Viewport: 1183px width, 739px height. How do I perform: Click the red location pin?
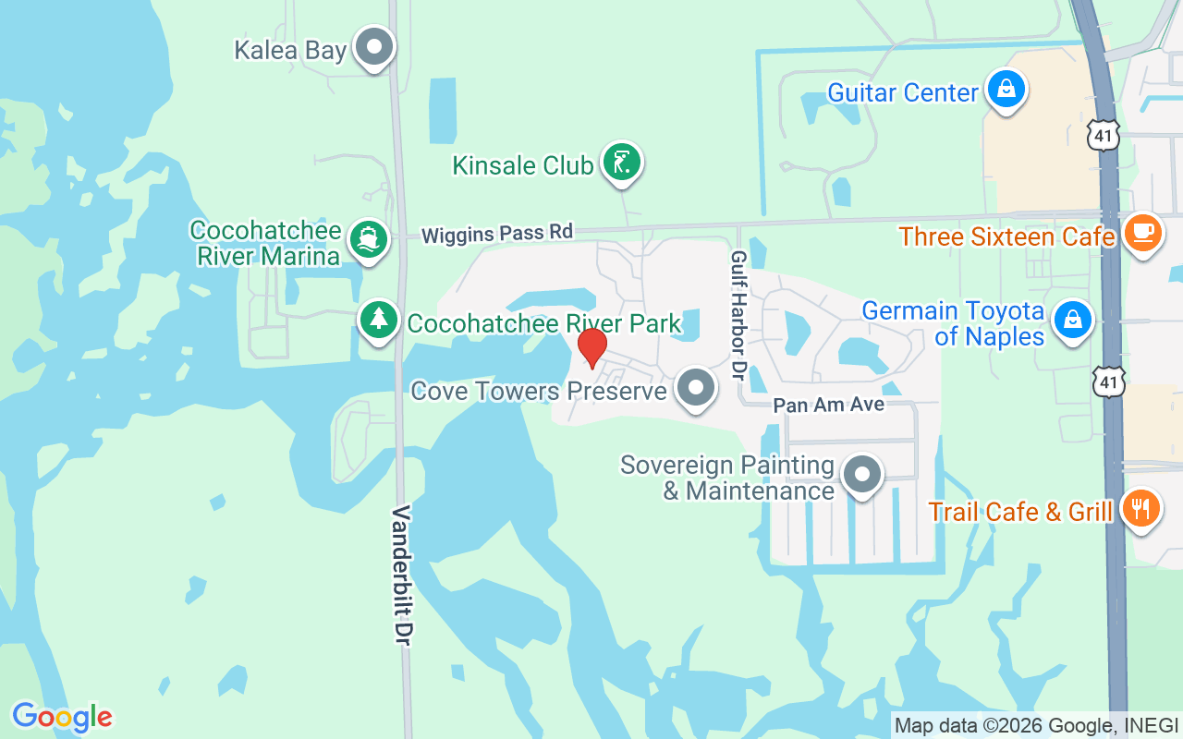[x=592, y=346]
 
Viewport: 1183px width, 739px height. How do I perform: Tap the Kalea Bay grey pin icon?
[x=375, y=46]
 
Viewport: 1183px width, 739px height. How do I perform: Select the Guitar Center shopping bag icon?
[x=1005, y=90]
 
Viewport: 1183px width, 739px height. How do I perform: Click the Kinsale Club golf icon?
[x=622, y=163]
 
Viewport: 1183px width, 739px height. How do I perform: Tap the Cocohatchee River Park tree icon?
[x=378, y=320]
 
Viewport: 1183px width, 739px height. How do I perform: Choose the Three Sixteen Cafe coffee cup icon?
[x=1143, y=233]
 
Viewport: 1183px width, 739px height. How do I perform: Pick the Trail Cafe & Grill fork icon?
[x=1141, y=508]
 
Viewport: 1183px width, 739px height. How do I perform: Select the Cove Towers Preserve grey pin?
[x=696, y=389]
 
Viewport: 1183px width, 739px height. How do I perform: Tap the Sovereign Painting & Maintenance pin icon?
[x=862, y=475]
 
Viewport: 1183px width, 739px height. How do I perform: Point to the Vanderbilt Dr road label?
[x=402, y=575]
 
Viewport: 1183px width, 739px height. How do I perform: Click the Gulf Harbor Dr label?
[x=738, y=315]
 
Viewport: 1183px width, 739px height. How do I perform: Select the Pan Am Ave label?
[x=828, y=405]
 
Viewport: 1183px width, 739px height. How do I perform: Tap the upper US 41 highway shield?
[x=1104, y=135]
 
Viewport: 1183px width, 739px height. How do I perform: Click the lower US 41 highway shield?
[x=1108, y=381]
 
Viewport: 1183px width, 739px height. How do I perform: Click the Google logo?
[x=62, y=717]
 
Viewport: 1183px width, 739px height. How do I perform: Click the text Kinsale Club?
[x=522, y=165]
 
